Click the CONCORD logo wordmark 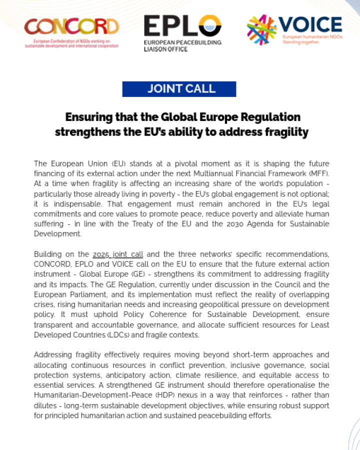click(72, 26)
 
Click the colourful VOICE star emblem click(261, 28)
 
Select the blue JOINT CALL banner click(179, 89)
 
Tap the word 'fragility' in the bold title click(285, 132)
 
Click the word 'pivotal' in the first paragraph click(154, 164)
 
